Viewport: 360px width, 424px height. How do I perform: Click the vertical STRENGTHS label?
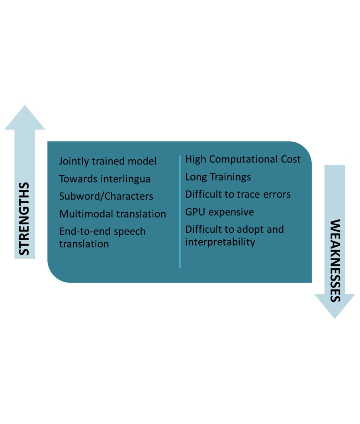point(25,219)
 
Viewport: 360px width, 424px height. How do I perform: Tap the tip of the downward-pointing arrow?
point(335,317)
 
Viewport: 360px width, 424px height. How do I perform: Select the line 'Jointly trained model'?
point(108,161)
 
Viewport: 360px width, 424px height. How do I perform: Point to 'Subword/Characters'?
point(106,196)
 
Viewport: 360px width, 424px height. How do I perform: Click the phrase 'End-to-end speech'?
point(102,231)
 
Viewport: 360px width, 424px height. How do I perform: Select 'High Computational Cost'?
point(243,159)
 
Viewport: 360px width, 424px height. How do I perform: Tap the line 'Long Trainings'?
point(218,177)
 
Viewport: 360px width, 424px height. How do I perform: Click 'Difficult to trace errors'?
point(238,194)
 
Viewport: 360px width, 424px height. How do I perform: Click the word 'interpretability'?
point(220,242)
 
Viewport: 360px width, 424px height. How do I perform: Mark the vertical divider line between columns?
point(180,211)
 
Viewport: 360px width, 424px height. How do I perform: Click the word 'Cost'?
point(289,159)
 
